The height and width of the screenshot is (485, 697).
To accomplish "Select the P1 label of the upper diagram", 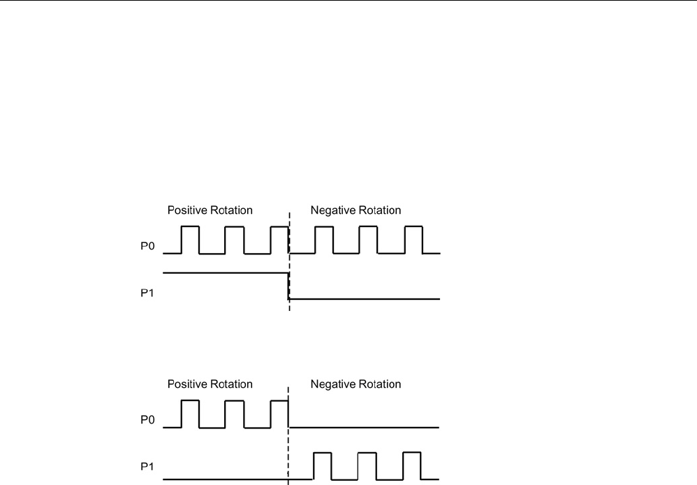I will [146, 293].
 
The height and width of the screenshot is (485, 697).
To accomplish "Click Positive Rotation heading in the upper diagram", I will [210, 210].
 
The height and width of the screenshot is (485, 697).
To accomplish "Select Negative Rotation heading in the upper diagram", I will [356, 210].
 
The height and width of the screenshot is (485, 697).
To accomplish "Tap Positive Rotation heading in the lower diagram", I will [210, 384].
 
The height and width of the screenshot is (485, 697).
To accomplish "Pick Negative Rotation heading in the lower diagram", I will [356, 384].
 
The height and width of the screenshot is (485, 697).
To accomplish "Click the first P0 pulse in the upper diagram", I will [190, 239].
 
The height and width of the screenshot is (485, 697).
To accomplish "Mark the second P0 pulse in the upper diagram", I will [235, 239].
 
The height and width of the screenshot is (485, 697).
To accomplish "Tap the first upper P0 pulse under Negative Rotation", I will [324, 239].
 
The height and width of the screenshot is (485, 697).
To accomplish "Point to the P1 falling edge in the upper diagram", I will [288, 286].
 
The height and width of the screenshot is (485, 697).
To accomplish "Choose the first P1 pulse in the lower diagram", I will [322, 465].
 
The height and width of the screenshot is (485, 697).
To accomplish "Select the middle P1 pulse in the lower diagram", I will [367, 465].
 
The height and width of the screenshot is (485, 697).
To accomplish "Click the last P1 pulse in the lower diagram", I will [412, 465].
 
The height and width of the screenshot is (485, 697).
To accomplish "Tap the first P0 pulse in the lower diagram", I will [190, 413].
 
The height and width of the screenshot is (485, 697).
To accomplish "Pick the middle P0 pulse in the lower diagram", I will [235, 413].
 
